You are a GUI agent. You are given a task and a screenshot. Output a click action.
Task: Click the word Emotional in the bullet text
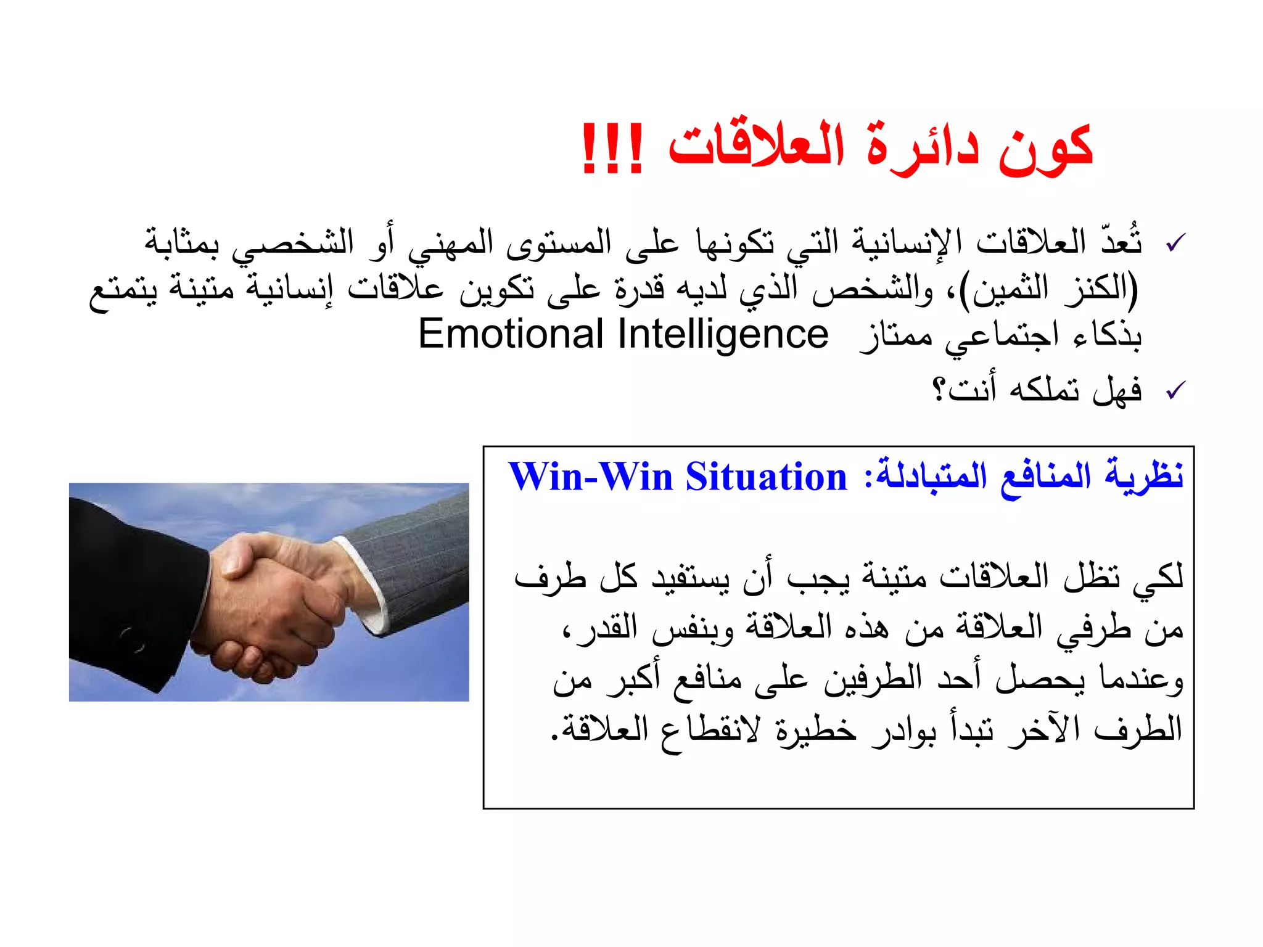click(x=511, y=335)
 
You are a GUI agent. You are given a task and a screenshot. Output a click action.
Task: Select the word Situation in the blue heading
click(x=767, y=477)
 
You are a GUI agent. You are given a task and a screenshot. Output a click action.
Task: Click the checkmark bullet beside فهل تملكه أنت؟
click(x=1175, y=390)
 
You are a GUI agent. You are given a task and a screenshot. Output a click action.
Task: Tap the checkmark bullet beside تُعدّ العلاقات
click(x=1175, y=243)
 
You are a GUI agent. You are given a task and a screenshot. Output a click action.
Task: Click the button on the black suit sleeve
click(x=133, y=641)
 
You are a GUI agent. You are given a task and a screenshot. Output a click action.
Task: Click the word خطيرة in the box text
click(x=816, y=730)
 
